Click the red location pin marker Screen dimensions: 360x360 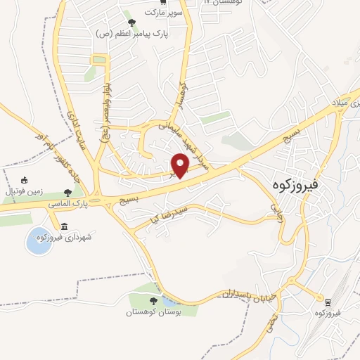[181, 166]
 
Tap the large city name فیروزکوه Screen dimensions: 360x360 [295, 185]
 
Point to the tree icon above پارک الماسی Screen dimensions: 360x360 [67, 192]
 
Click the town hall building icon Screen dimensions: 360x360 [65, 226]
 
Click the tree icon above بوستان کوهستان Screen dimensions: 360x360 [153, 301]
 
